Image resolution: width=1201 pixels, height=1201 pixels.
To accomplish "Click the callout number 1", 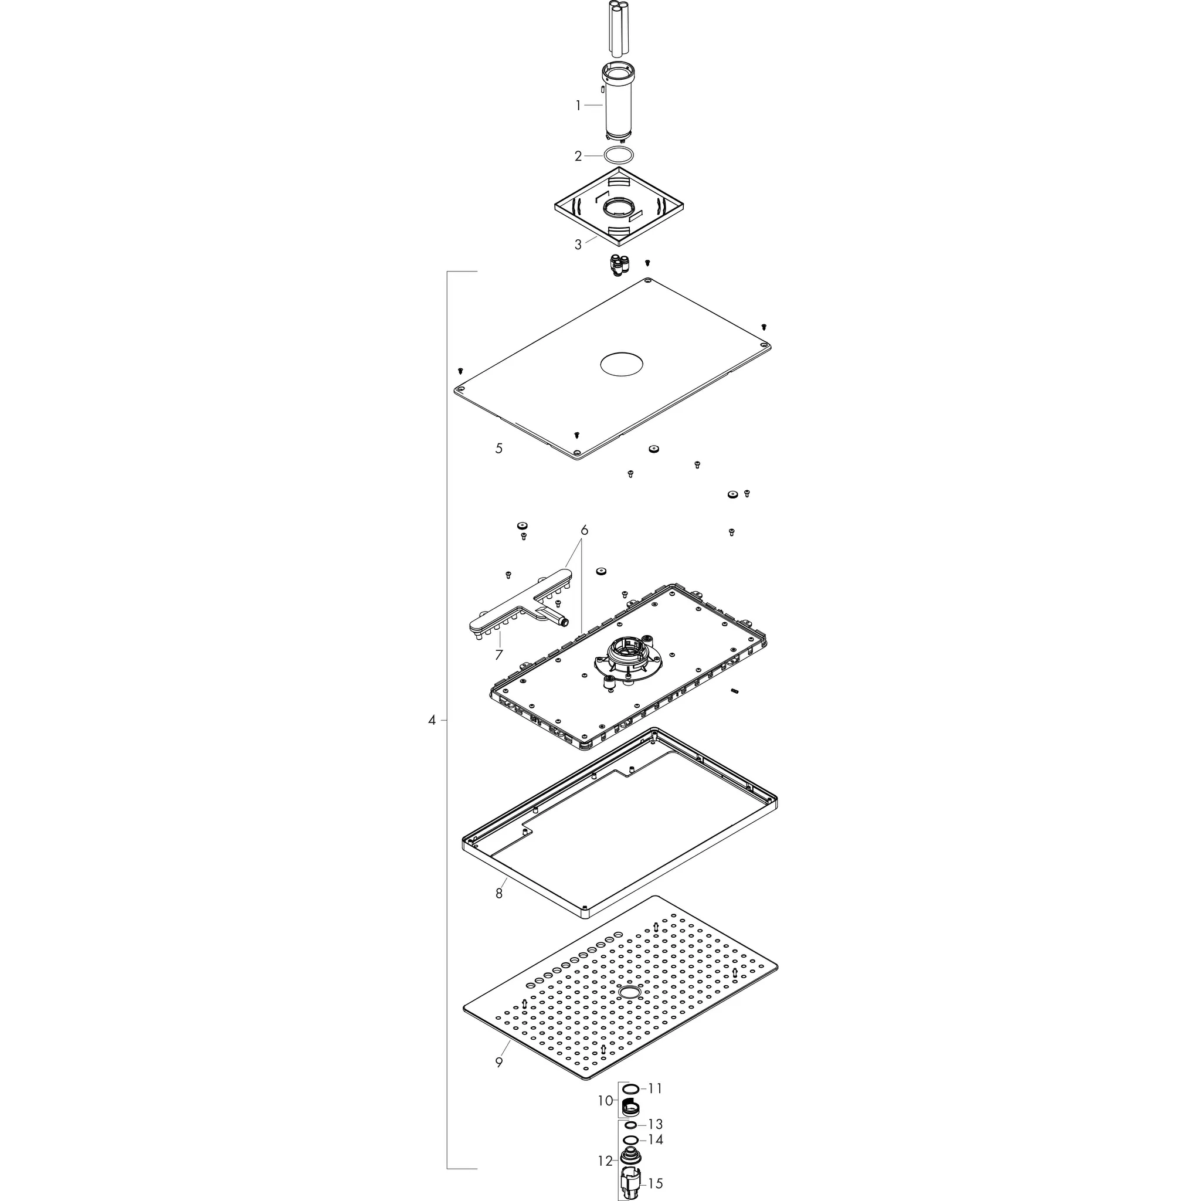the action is (578, 106).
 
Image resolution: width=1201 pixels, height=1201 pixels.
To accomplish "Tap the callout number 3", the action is (578, 245).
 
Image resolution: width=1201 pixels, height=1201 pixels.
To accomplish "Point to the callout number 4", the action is (432, 721).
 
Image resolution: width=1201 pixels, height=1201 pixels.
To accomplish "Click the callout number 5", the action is (498, 448).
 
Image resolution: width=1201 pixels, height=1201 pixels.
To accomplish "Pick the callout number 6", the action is (584, 530).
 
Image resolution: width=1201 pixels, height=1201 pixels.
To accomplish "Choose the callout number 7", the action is (498, 654).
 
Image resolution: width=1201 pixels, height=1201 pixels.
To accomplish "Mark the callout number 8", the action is (498, 893).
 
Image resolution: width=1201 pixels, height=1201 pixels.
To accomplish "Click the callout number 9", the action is (498, 1062).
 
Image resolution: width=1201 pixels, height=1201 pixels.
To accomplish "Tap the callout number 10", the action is (605, 1101).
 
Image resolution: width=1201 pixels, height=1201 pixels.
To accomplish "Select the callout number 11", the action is (655, 1088).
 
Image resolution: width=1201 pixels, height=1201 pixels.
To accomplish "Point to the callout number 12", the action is (605, 1161).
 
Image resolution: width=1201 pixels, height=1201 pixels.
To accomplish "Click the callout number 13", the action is (655, 1124).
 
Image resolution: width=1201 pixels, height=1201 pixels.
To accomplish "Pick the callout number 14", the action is (655, 1139).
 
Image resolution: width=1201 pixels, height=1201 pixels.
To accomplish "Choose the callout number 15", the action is (655, 1183).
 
